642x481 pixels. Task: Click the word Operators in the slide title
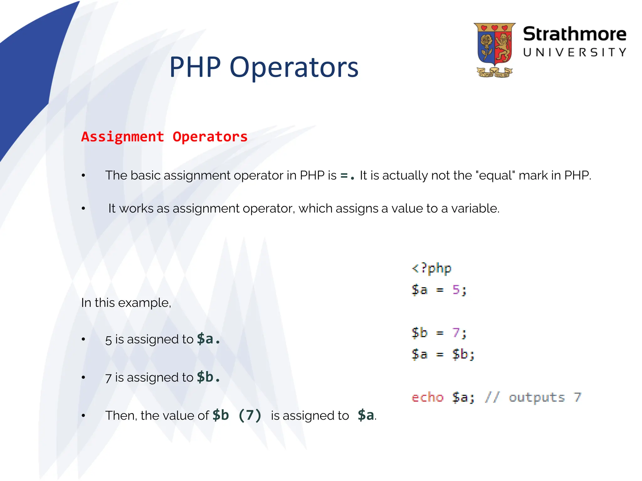coord(294,67)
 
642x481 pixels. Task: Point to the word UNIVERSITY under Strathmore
coord(574,52)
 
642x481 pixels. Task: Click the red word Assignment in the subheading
coord(123,137)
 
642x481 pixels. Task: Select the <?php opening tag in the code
coord(431,268)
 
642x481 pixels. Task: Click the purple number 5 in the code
coord(456,290)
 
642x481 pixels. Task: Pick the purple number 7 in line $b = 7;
coord(456,333)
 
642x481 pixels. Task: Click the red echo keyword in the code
coord(427,397)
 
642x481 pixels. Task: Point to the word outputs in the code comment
coord(536,397)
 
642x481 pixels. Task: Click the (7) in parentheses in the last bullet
coord(250,416)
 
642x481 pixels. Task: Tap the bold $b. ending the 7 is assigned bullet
coord(208,377)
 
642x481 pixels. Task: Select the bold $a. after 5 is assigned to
coord(208,339)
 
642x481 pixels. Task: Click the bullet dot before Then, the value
coord(83,416)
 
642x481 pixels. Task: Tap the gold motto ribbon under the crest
coord(494,73)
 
